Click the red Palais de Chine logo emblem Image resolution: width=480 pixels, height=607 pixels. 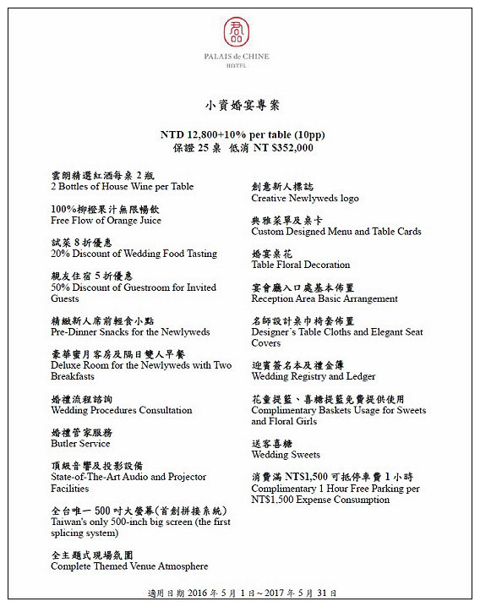coord(237,32)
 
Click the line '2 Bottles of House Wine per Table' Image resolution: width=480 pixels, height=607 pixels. coord(123,186)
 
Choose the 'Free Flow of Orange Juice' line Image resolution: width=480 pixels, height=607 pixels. coord(106,220)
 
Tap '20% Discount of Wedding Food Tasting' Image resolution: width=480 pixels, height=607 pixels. coord(134,254)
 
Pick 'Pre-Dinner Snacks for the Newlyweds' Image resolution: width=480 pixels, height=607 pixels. coord(130,332)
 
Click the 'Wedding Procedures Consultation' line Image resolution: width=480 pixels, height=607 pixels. coord(122,410)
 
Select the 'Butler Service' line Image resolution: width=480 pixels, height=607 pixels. coord(80,443)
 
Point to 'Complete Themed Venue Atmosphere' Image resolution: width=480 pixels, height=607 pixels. coord(129,566)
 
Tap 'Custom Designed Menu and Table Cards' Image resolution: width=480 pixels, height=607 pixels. coord(336,231)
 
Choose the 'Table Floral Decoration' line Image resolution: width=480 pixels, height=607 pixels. coord(301,265)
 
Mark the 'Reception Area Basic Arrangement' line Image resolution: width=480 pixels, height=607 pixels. coord(325,298)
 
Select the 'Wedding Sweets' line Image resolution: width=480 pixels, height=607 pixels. coord(286,455)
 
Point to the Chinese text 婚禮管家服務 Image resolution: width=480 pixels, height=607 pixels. coord(81,432)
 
